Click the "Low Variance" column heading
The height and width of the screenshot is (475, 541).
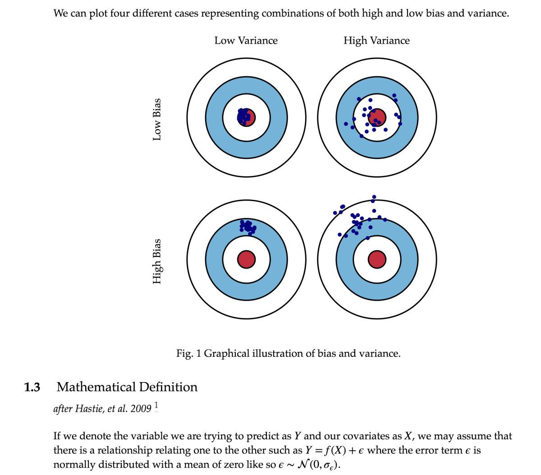246,41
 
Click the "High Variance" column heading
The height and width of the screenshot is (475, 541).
376,41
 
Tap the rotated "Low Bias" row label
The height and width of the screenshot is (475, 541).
157,119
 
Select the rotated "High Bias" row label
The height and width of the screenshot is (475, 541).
157,261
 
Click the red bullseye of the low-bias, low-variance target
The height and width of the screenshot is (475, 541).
249,118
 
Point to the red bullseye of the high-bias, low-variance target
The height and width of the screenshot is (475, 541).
246,259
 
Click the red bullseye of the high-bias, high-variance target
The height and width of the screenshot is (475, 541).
377,259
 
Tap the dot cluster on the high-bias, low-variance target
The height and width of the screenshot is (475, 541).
248,226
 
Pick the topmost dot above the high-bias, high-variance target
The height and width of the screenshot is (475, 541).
374,197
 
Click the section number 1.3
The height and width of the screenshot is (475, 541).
32,387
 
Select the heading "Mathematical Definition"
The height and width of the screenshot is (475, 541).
127,387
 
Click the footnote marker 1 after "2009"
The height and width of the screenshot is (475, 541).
156,405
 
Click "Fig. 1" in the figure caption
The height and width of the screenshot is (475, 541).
189,353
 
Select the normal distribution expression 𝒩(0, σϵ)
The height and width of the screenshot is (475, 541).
318,465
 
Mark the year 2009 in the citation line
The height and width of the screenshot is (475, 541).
141,409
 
